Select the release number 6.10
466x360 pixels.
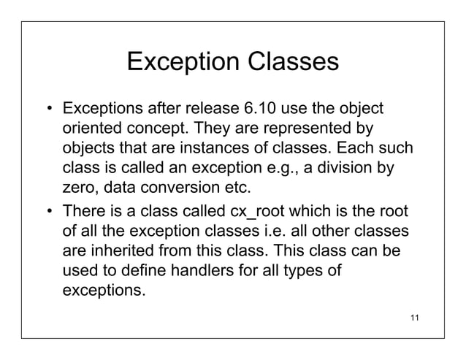[256, 111]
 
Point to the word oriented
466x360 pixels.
[89, 130]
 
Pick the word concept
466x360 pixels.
[153, 130]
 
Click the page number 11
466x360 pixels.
[416, 317]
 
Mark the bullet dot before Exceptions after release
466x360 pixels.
[50, 112]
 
